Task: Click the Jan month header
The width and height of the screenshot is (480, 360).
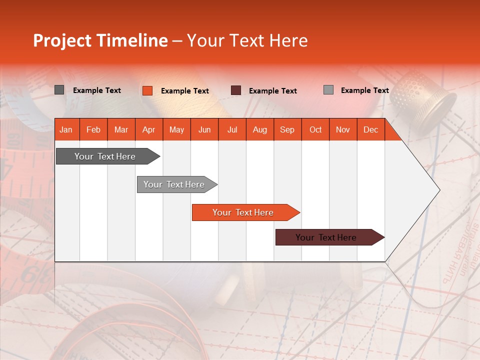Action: pos(66,130)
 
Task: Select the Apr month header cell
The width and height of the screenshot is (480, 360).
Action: pos(148,130)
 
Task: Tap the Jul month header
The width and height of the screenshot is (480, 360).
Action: pos(232,130)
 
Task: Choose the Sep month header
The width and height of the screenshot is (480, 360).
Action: pos(287,130)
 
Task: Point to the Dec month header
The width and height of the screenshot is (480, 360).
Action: pos(370,130)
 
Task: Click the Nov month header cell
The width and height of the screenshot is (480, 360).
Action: pos(342,130)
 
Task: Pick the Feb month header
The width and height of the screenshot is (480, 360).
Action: pos(93,130)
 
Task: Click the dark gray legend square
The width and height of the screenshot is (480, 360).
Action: pos(59,90)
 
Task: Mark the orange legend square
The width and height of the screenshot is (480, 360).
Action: pos(147,90)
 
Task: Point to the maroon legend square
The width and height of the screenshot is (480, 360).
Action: pos(236,90)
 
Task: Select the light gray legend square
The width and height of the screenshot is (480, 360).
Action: pos(328,90)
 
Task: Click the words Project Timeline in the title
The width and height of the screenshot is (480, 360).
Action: pos(100,40)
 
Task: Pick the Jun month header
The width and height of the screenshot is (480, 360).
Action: pos(204,130)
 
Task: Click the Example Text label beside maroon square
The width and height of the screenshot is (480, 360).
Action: pos(272,91)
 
